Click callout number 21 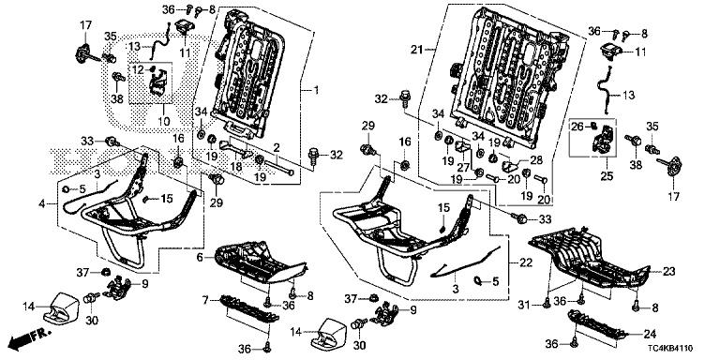(x=416, y=50)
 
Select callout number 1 (x=316, y=90)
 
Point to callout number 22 (x=526, y=262)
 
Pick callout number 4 (x=42, y=203)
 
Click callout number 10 (x=164, y=122)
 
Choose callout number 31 (x=524, y=305)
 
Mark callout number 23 (x=669, y=271)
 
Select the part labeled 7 (x=249, y=309)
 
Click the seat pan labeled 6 (x=260, y=262)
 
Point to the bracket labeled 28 (x=509, y=164)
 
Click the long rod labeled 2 (x=280, y=167)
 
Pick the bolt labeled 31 (x=547, y=302)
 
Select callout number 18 (x=236, y=168)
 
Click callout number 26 (x=577, y=126)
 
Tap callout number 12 (x=138, y=69)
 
